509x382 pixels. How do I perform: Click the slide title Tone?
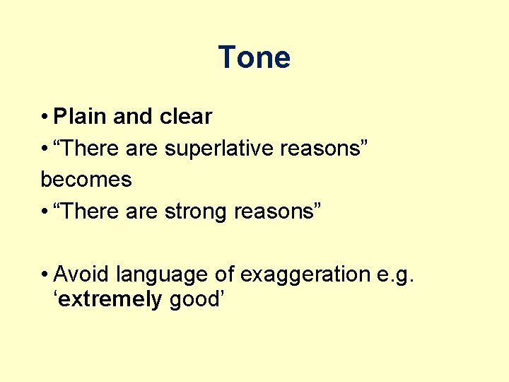click(x=254, y=57)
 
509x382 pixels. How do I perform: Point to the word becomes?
click(x=86, y=180)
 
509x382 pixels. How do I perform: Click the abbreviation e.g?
click(x=398, y=275)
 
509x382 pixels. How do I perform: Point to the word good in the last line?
click(x=194, y=300)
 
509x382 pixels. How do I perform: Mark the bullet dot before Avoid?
click(x=45, y=274)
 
